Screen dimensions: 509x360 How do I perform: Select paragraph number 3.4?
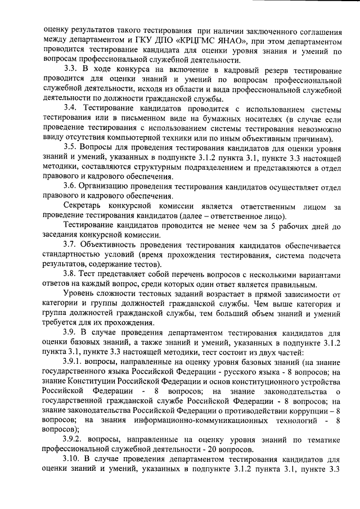point(71,107)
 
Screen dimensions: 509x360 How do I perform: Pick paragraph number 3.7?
point(71,246)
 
